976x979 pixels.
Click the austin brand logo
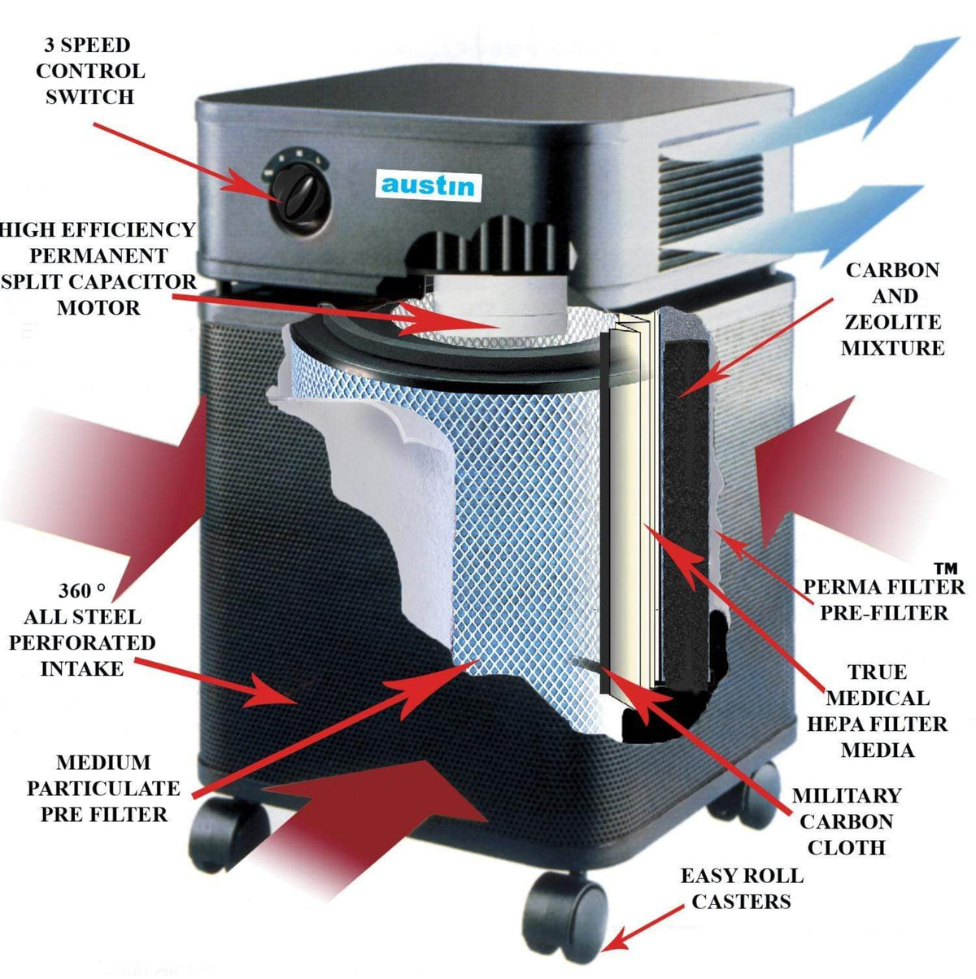[428, 185]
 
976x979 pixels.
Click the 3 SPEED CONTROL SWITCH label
[89, 71]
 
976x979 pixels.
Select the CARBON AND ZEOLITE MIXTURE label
[892, 309]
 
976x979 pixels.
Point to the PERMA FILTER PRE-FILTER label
[883, 599]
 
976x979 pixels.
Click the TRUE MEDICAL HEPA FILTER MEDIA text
[877, 711]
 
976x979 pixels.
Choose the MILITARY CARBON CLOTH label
[846, 821]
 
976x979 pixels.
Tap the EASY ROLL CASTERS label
[741, 888]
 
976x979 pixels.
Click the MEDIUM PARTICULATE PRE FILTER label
[103, 788]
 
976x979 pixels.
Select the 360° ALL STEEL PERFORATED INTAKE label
[81, 630]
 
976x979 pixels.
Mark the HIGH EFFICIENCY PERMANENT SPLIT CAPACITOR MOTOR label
[98, 268]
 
